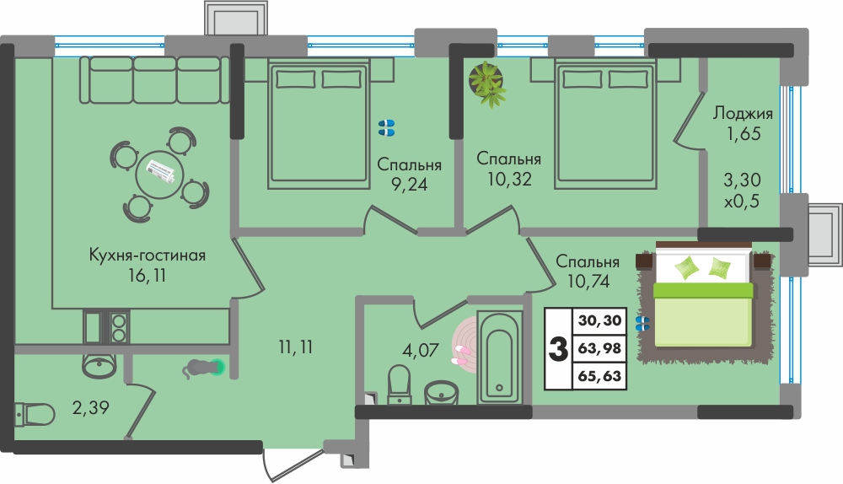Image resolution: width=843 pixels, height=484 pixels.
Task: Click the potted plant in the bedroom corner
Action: [x=487, y=83]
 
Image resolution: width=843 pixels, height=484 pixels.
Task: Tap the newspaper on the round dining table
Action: [x=160, y=172]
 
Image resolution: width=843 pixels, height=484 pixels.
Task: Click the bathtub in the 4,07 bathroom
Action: [x=500, y=357]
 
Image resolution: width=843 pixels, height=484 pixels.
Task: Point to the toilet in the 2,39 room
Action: [x=34, y=415]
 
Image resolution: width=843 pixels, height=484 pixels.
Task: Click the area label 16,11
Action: [x=147, y=276]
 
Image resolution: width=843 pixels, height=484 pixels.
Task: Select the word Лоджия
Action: [x=743, y=114]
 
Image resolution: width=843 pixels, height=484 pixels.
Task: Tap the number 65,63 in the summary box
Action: [x=599, y=375]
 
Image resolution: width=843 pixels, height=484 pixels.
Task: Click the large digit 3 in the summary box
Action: [x=559, y=348]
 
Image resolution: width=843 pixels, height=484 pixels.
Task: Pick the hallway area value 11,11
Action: [x=296, y=347]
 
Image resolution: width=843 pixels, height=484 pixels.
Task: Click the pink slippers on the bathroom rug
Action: [x=461, y=356]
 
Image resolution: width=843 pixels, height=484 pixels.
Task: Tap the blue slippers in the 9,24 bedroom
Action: [x=387, y=127]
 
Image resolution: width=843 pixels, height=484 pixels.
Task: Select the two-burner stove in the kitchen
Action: [x=119, y=327]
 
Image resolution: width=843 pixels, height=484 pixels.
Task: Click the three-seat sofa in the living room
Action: [x=155, y=79]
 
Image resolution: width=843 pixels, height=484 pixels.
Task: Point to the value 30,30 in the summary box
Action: [x=599, y=320]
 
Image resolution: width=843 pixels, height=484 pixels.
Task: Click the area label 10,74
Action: [x=588, y=280]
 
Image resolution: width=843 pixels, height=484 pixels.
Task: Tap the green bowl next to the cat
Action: [x=218, y=368]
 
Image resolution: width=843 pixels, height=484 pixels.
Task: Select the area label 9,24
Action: [x=409, y=185]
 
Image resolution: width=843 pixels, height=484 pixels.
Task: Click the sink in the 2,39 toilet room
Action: [x=99, y=364]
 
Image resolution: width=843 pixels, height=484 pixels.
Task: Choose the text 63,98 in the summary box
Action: [x=599, y=348]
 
